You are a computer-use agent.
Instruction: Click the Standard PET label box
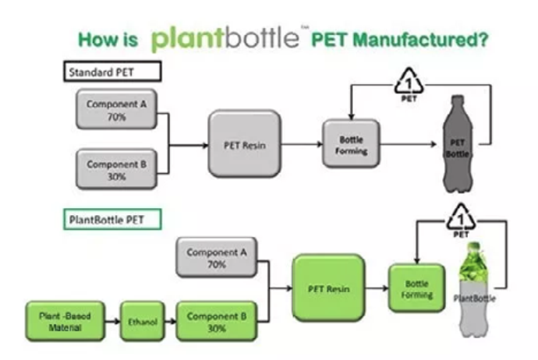point(112,72)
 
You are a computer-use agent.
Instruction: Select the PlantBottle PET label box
point(112,219)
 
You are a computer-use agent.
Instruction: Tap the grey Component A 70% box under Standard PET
point(116,109)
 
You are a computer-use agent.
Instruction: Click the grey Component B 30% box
point(116,169)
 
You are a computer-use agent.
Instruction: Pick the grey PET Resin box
point(245,143)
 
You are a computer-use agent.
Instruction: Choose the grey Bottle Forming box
point(351,143)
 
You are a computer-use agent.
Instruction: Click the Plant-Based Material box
point(65,321)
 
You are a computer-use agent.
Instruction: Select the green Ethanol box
point(143,321)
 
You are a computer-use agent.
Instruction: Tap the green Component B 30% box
point(217,321)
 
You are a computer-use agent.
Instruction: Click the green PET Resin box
point(328,288)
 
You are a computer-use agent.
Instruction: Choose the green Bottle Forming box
point(417,288)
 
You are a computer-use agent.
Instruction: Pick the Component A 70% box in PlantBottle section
point(217,257)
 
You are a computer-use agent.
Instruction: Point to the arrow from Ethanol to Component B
point(170,321)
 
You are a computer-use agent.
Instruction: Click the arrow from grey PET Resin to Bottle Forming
point(302,144)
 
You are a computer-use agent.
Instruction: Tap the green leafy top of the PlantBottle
point(474,263)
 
